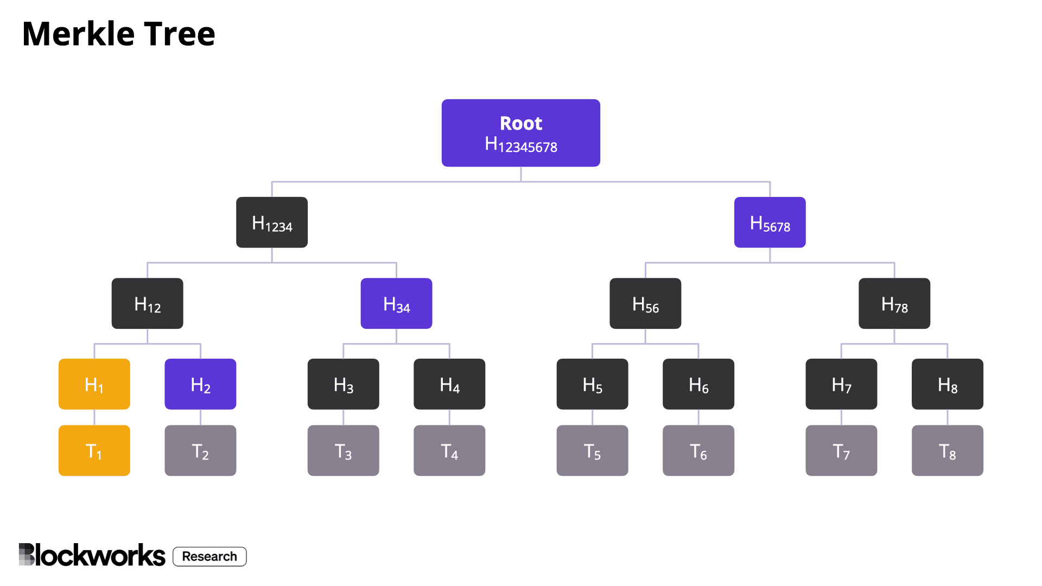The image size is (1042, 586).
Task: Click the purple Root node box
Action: (x=520, y=132)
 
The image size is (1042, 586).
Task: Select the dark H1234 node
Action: (x=272, y=222)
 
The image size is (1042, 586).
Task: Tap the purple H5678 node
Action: (x=770, y=222)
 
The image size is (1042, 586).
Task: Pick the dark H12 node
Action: (x=147, y=303)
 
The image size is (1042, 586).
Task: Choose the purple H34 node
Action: (x=396, y=303)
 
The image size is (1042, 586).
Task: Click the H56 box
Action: (x=645, y=303)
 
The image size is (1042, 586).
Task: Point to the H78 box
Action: (x=894, y=303)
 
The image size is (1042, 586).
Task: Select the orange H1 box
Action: (x=94, y=384)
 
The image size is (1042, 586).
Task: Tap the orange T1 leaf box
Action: (x=94, y=450)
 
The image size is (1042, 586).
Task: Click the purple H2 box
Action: (x=200, y=384)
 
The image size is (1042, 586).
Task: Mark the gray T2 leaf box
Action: (x=200, y=450)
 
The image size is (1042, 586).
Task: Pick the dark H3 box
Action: (x=343, y=384)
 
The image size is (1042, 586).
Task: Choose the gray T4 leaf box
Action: (x=449, y=450)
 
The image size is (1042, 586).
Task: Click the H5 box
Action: (x=592, y=384)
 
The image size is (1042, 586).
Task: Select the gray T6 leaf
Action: (x=698, y=450)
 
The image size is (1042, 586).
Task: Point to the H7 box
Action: (x=841, y=384)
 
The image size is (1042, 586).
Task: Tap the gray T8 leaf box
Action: (x=947, y=450)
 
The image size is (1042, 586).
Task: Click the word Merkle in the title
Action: (x=78, y=34)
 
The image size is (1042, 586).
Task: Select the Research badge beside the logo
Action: (x=209, y=556)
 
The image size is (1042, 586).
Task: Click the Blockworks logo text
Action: (x=92, y=555)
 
